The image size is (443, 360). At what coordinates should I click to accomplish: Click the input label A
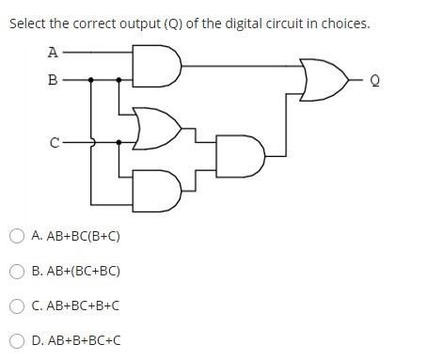(53, 53)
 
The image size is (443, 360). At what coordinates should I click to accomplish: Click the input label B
(53, 81)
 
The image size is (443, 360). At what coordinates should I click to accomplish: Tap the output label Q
(375, 82)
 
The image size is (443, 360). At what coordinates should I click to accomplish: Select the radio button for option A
(17, 236)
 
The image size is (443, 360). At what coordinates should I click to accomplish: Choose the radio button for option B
(17, 271)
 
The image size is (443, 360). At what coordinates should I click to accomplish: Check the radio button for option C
(17, 305)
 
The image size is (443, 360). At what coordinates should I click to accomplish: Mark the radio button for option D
(17, 340)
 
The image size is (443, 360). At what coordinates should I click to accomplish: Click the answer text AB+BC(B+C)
(75, 236)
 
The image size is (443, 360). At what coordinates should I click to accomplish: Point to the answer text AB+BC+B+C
(75, 305)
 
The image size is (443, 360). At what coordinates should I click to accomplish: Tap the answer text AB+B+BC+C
(75, 340)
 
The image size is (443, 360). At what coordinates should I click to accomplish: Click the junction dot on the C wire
(119, 143)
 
